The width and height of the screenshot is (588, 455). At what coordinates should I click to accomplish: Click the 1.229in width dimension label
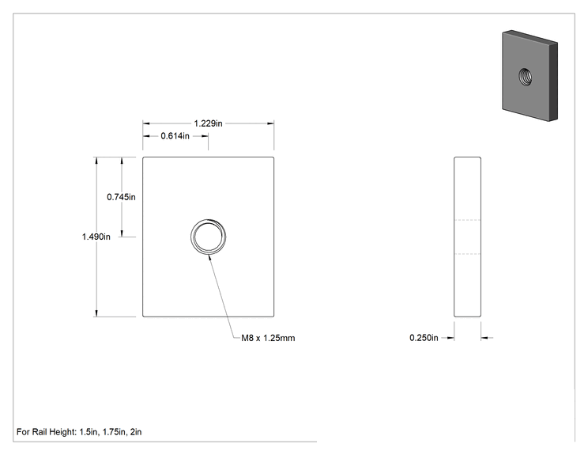point(208,123)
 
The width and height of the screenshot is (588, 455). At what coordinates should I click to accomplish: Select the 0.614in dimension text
point(175,136)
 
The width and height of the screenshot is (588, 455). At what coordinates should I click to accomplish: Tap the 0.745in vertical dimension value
point(121,197)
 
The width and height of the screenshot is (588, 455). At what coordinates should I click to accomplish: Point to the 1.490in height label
point(96,237)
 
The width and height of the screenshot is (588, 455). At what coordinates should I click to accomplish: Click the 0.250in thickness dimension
point(424,338)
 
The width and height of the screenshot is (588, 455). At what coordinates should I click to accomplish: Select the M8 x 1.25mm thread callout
point(268,338)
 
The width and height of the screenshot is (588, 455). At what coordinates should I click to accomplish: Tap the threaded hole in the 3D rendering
point(525,77)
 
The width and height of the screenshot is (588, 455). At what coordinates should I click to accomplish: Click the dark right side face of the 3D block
point(553,82)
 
